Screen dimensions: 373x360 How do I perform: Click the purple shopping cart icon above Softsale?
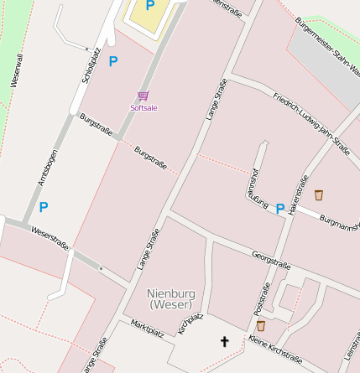pyautogui.click(x=143, y=96)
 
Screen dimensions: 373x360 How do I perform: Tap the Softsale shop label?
pyautogui.click(x=143, y=107)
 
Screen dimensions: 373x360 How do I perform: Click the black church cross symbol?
pyautogui.click(x=224, y=341)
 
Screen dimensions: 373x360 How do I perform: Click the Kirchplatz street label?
pyautogui.click(x=190, y=324)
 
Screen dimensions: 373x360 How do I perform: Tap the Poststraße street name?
pyautogui.click(x=263, y=298)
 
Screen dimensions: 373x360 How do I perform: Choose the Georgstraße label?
pyautogui.click(x=271, y=260)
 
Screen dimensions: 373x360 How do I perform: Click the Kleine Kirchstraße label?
pyautogui.click(x=274, y=350)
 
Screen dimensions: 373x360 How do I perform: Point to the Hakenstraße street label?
pyautogui.click(x=298, y=196)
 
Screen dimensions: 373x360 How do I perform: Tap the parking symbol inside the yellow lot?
pyautogui.click(x=150, y=6)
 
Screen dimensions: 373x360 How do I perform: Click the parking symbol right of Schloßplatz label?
pyautogui.click(x=113, y=61)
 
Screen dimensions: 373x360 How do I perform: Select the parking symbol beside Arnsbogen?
pyautogui.click(x=44, y=206)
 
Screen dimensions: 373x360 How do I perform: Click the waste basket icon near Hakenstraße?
pyautogui.click(x=319, y=195)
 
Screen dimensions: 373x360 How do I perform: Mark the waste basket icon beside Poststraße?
pyautogui.click(x=261, y=325)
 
